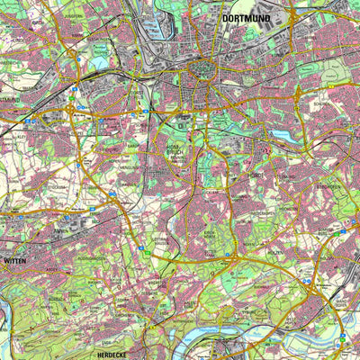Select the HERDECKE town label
pyautogui.click(x=114, y=355)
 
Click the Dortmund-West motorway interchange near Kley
pyautogui.click(x=71, y=110)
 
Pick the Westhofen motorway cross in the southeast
pyautogui.click(x=311, y=288)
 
